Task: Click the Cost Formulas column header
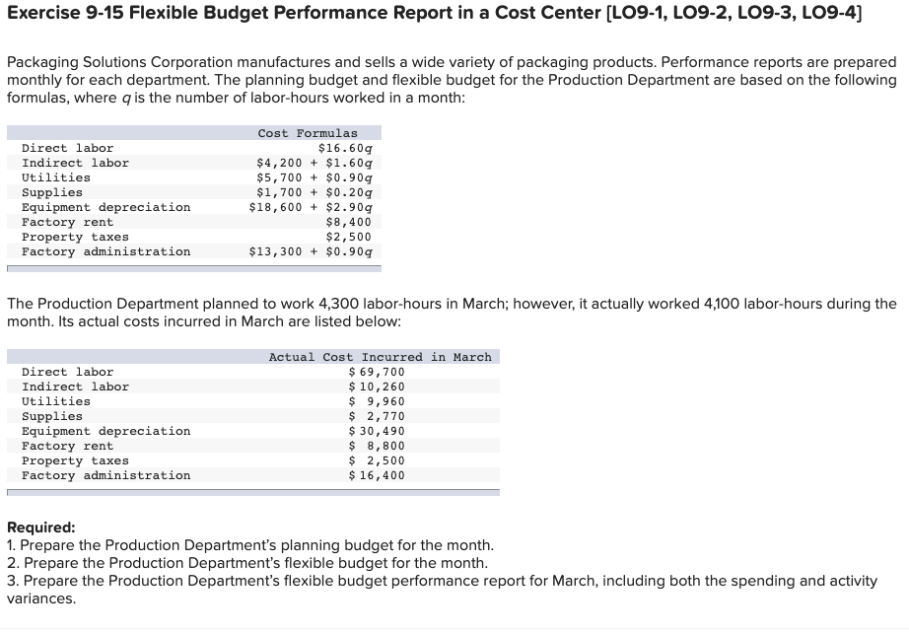(x=308, y=133)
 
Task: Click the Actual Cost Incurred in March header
(x=380, y=357)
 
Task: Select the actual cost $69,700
(x=377, y=372)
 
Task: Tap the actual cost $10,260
(x=377, y=387)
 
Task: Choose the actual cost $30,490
(x=377, y=431)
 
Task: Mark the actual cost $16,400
(x=377, y=475)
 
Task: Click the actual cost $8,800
(x=377, y=446)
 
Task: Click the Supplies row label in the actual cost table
(x=52, y=416)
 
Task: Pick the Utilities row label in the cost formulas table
(x=56, y=177)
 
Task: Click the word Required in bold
(x=40, y=527)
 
